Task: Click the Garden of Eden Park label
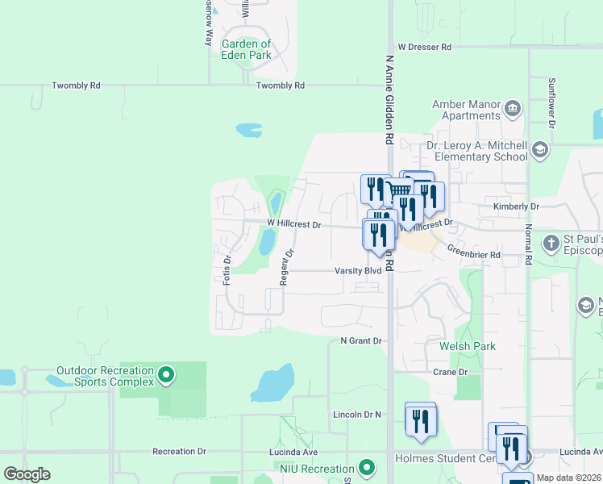pyautogui.click(x=247, y=49)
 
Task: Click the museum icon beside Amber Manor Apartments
pyautogui.click(x=511, y=108)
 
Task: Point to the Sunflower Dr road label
pyautogui.click(x=552, y=102)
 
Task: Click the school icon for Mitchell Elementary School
pyautogui.click(x=539, y=149)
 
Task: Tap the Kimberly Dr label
pyautogui.click(x=516, y=207)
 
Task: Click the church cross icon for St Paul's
pyautogui.click(x=551, y=243)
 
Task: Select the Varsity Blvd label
pyautogui.click(x=358, y=271)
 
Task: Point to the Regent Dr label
pyautogui.click(x=285, y=267)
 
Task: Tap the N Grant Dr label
pyautogui.click(x=360, y=341)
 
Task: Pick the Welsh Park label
pyautogui.click(x=468, y=346)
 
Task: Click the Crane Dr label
pyautogui.click(x=450, y=372)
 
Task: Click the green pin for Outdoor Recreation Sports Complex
pyautogui.click(x=166, y=374)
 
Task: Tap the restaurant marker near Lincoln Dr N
pyautogui.click(x=420, y=420)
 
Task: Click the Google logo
pyautogui.click(x=27, y=474)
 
